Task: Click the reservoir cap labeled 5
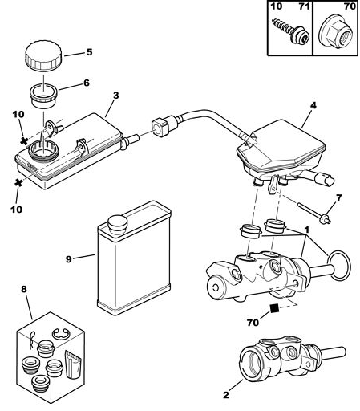43,55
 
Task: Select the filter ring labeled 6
43,96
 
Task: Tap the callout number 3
115,96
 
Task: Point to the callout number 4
313,105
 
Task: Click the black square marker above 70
274,308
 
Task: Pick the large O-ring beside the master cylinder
339,266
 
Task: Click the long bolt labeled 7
314,214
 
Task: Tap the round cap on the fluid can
117,223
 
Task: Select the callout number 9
69,259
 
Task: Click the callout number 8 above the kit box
24,289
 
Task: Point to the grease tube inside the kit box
73,364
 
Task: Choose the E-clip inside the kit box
61,334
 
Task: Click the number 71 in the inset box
304,6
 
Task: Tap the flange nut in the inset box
336,32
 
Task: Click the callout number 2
226,395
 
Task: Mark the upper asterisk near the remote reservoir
24,140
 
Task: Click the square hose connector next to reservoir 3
160,128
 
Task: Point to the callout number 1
307,230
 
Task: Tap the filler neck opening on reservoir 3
43,151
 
